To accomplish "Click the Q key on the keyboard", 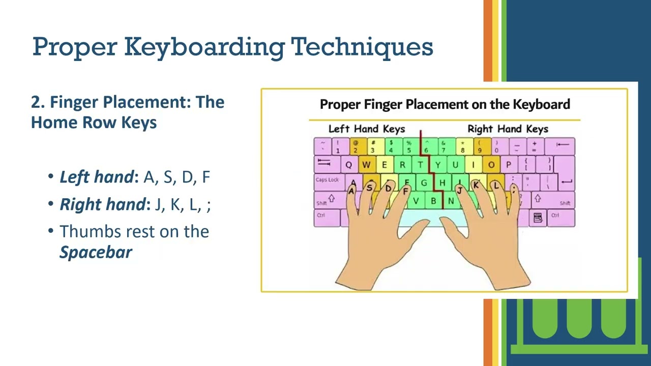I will click(348, 165).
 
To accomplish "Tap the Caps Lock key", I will click(327, 180).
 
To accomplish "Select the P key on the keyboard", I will click(508, 165).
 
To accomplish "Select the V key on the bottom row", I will click(416, 201).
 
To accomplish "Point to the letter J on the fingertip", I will click(459, 190).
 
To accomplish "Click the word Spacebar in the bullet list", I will click(96, 252).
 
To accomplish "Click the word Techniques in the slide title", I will click(362, 46).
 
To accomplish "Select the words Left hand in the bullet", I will click(97, 177).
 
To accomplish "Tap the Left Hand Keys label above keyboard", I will click(366, 129).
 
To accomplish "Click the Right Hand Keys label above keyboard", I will click(508, 129).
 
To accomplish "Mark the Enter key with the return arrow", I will click(565, 180).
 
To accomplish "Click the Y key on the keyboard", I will click(437, 165).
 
